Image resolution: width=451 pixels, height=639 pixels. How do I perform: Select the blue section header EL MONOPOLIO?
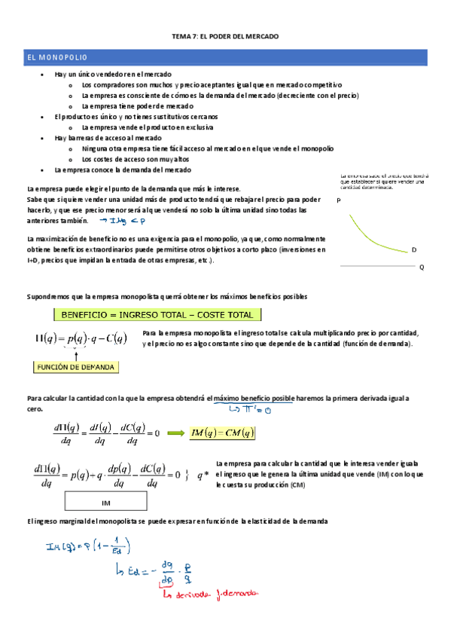pos(57,57)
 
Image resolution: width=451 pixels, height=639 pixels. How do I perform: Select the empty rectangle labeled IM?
pos(106,501)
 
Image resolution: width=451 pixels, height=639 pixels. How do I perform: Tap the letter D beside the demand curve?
pos(414,249)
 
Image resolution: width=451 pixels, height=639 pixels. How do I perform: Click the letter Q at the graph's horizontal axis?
pos(421,268)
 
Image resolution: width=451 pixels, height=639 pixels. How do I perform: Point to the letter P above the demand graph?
pos(339,201)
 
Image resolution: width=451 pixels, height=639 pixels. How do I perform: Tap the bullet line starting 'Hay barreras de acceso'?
pos(107,139)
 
